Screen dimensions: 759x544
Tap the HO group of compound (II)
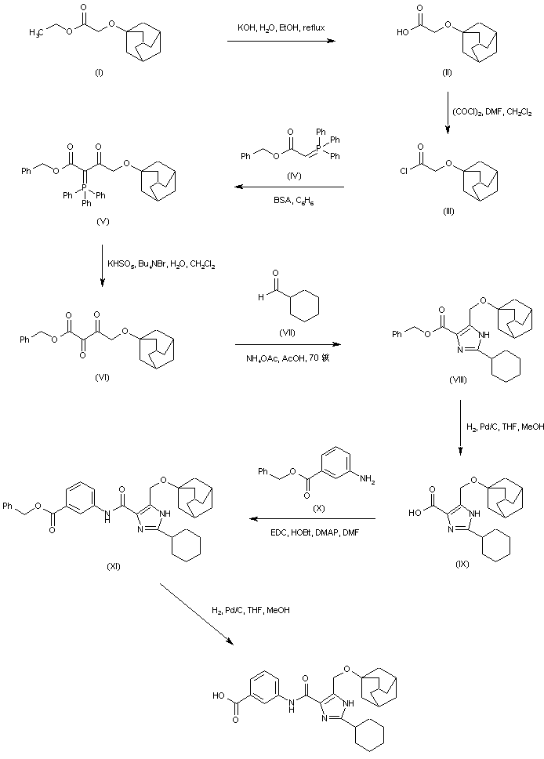403,33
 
